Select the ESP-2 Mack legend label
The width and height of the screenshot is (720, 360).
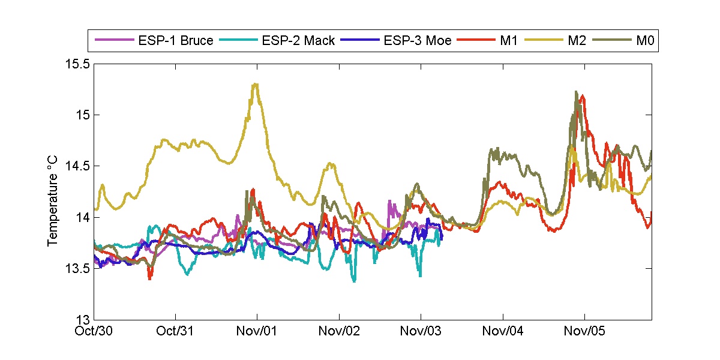pyautogui.click(x=298, y=41)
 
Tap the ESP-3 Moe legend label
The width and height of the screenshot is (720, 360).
pyautogui.click(x=417, y=41)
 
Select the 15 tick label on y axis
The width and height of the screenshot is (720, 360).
pyautogui.click(x=83, y=115)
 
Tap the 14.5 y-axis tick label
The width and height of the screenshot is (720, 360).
pyautogui.click(x=78, y=166)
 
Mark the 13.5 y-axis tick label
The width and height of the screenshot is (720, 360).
pyautogui.click(x=78, y=268)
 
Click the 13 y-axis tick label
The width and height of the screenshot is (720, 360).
pyautogui.click(x=83, y=319)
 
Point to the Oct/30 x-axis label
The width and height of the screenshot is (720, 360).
pyautogui.click(x=94, y=331)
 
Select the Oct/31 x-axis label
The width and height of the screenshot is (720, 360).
pyautogui.click(x=176, y=331)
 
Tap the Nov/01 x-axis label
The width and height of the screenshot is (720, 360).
pyautogui.click(x=257, y=331)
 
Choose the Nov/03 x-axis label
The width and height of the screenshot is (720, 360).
pyautogui.click(x=421, y=331)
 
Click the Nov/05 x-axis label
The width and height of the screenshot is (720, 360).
pyautogui.click(x=585, y=331)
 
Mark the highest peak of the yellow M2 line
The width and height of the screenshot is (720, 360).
pyautogui.click(x=256, y=84)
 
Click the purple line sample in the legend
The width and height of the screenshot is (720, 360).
pyautogui.click(x=113, y=41)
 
